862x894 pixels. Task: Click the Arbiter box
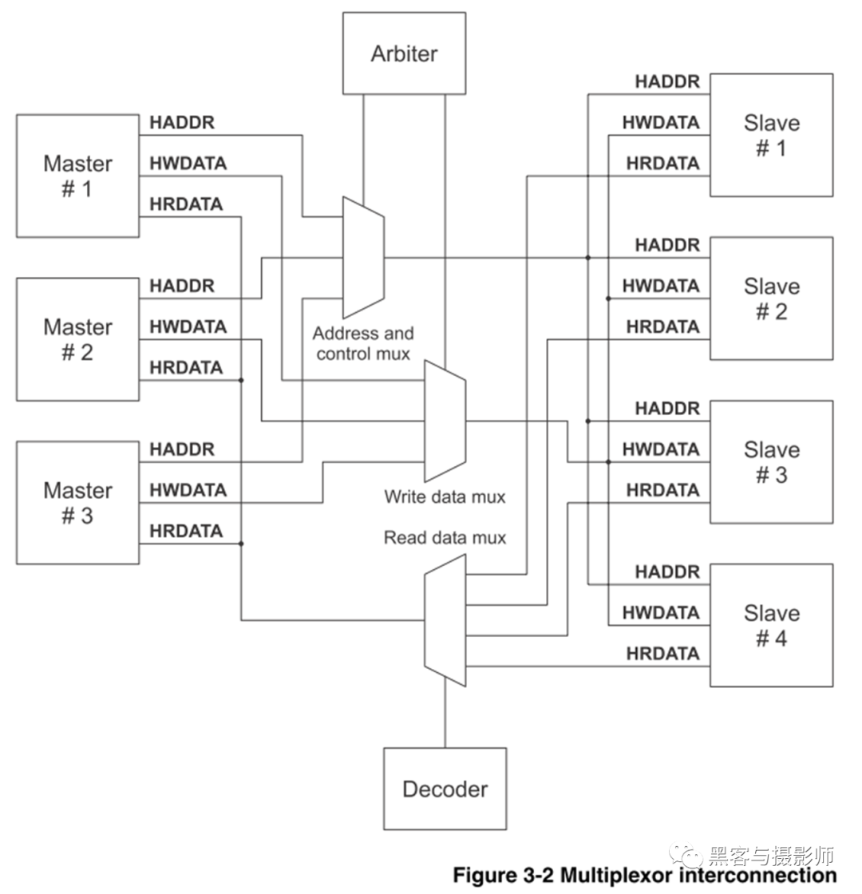tap(405, 53)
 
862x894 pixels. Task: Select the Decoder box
tap(445, 789)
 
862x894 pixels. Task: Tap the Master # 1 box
tap(77, 176)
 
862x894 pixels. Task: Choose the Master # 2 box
tap(77, 339)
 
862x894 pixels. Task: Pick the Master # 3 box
tap(77, 503)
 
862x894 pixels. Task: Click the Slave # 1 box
tap(771, 135)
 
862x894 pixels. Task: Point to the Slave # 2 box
tap(771, 298)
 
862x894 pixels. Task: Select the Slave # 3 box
tap(771, 461)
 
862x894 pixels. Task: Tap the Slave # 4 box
tap(771, 625)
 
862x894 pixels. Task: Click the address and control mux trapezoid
tap(363, 257)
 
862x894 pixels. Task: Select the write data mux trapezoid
tap(445, 421)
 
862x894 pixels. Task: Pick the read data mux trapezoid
tap(445, 620)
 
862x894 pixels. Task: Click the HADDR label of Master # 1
tap(182, 123)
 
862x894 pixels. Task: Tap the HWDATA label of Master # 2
tap(188, 327)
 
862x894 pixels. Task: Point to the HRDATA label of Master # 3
tap(186, 531)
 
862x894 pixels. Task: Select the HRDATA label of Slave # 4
tap(662, 654)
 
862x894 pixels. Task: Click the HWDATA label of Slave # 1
tap(661, 123)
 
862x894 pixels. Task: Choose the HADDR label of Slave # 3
tap(667, 409)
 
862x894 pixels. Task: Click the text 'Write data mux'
tap(445, 496)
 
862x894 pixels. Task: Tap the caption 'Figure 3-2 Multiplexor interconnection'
tap(645, 874)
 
